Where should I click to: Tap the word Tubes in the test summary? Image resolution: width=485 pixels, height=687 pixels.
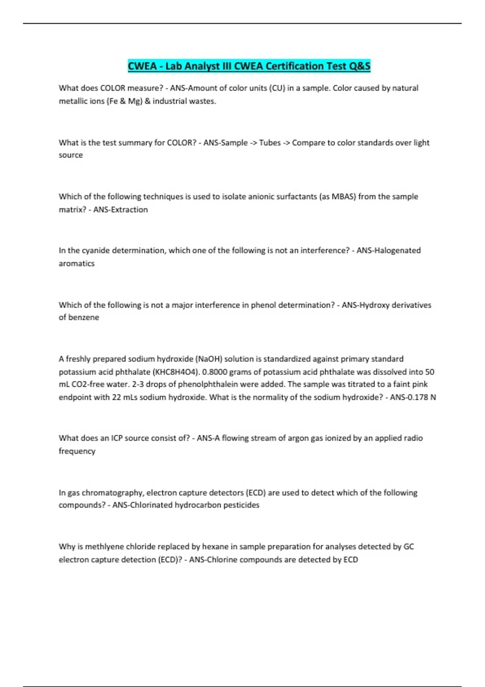point(270,143)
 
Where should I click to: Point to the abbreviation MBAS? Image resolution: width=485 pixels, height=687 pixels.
point(344,197)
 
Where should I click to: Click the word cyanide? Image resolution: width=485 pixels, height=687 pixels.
point(95,251)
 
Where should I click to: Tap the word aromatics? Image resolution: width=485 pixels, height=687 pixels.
point(76,263)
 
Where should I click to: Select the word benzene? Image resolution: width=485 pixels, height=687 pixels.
point(84,318)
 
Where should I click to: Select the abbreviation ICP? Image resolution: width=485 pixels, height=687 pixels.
point(117,438)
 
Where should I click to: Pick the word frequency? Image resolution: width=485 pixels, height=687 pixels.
point(77,451)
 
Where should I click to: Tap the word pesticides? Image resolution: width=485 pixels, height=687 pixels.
point(241,505)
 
